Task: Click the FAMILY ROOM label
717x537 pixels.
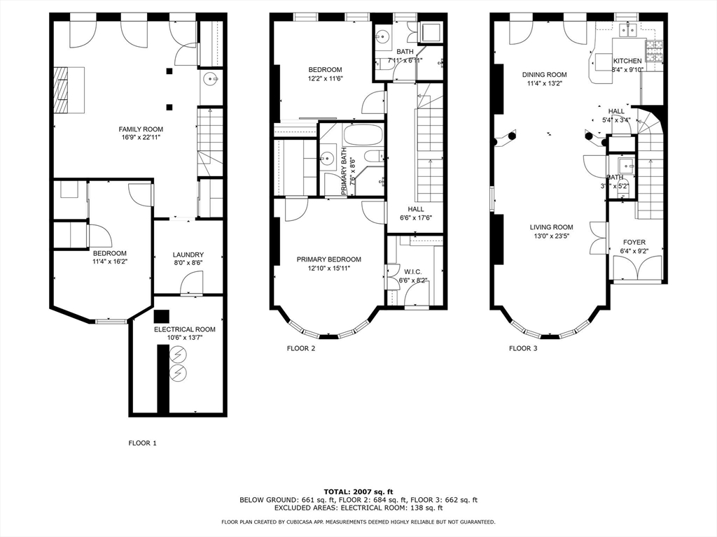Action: pyautogui.click(x=141, y=129)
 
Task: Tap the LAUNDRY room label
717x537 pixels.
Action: pyautogui.click(x=188, y=255)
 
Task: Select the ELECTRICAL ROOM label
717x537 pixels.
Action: pyautogui.click(x=185, y=329)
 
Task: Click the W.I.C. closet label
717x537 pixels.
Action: pyautogui.click(x=412, y=271)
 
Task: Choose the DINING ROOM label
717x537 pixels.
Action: pyautogui.click(x=544, y=75)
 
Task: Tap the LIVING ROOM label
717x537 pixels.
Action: pyautogui.click(x=551, y=227)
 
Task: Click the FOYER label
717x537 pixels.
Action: pyautogui.click(x=634, y=243)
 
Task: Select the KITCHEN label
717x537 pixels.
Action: pyautogui.click(x=627, y=61)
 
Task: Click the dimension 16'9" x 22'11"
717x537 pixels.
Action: pyautogui.click(x=141, y=138)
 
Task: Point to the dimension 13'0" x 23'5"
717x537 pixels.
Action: pyautogui.click(x=551, y=236)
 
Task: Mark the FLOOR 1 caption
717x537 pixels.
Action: pyautogui.click(x=143, y=443)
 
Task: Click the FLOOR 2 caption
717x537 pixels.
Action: pyautogui.click(x=301, y=348)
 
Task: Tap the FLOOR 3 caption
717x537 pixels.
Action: pyautogui.click(x=523, y=348)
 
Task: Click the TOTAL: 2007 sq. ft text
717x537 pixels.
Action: pyautogui.click(x=358, y=491)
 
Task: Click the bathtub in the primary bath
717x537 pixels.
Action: pyautogui.click(x=363, y=134)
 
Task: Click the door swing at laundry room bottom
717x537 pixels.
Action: pyautogui.click(x=191, y=283)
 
